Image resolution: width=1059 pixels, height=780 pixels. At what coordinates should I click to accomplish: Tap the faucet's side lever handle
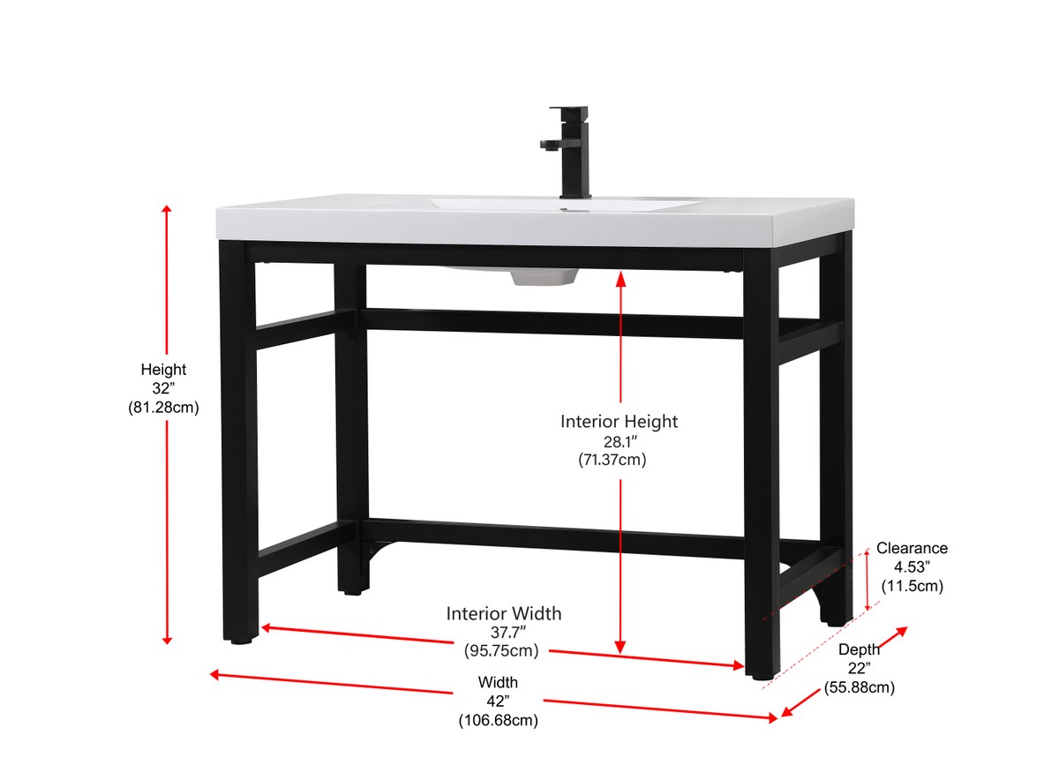(552, 145)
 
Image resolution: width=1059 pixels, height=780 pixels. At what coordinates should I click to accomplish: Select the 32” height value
(163, 388)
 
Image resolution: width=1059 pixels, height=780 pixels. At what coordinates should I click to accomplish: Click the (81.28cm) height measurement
(163, 408)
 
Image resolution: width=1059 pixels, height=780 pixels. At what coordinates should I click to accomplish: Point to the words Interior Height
(619, 421)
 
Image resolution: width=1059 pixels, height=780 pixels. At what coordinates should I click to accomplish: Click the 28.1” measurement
(620, 442)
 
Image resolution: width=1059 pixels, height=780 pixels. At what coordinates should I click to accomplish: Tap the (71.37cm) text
(612, 460)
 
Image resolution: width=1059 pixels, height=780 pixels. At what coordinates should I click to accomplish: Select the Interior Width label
(504, 613)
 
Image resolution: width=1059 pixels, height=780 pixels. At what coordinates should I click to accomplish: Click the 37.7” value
(508, 632)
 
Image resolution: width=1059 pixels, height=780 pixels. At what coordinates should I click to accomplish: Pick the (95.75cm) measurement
(501, 650)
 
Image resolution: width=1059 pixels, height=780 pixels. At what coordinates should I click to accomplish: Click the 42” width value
(499, 701)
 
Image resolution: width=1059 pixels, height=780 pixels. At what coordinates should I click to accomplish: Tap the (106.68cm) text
(499, 720)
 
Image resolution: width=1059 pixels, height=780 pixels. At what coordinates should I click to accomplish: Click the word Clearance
(912, 548)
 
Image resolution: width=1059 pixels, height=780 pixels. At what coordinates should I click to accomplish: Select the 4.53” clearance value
(913, 566)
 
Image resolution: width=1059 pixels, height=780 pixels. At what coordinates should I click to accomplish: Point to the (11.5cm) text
(913, 586)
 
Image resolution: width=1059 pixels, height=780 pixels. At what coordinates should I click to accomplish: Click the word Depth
(859, 650)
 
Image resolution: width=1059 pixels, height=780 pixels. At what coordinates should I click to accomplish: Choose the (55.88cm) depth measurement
(860, 687)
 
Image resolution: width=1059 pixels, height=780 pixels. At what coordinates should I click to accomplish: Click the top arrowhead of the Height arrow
(167, 209)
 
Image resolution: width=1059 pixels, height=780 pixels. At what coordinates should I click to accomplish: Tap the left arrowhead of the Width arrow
(214, 675)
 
